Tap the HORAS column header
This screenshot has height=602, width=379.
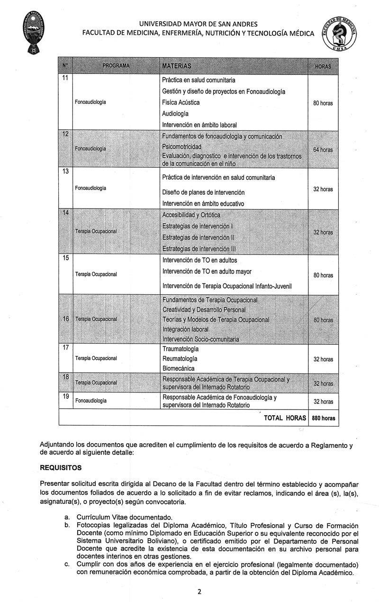[x=323, y=66]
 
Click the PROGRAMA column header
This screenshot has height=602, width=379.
[x=113, y=65]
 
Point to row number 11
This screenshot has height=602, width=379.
[x=65, y=78]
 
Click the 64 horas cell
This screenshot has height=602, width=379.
[x=323, y=150]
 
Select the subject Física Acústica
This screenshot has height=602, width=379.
[x=180, y=102]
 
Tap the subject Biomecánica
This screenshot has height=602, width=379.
[x=178, y=368]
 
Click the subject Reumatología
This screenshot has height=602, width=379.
[x=180, y=358]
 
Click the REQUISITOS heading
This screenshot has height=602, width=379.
[x=61, y=467]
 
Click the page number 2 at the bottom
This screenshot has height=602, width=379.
[x=199, y=591]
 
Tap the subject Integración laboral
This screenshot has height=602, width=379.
[x=185, y=329]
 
